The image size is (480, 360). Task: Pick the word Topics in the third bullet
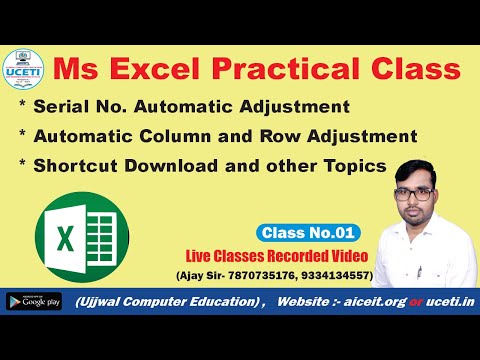click(352, 165)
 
